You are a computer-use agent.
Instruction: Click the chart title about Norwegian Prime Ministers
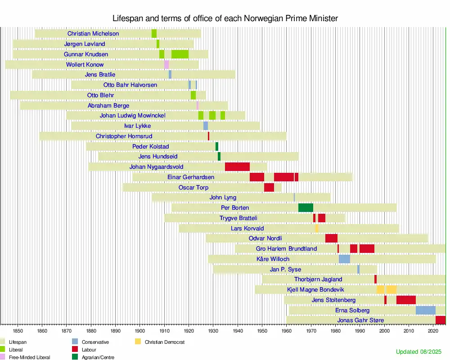point(225,18)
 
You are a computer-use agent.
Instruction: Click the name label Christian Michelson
point(93,34)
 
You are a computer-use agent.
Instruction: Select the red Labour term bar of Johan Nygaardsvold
point(237,167)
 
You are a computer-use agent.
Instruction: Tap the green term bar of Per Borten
point(306,208)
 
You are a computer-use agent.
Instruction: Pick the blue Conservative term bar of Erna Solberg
point(425,310)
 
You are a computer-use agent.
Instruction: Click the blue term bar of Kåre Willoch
point(344,259)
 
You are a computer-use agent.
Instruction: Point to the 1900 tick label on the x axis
point(139,330)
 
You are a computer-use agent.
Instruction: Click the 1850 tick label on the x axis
point(18,330)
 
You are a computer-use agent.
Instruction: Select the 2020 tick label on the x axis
point(433,330)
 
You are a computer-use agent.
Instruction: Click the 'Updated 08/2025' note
point(419,351)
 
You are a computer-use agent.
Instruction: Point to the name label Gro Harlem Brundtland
point(286,249)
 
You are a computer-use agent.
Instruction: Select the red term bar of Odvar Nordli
point(331,238)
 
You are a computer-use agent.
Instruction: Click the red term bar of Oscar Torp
point(269,188)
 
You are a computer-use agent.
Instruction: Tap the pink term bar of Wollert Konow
point(166,65)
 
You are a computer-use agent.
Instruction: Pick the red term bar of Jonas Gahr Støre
point(440,320)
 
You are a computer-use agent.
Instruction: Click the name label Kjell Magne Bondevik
point(315,290)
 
